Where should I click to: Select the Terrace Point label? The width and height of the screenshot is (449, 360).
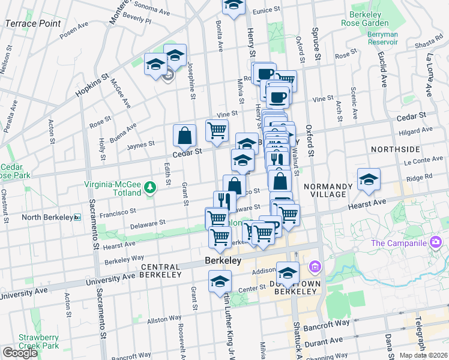tap(32, 23)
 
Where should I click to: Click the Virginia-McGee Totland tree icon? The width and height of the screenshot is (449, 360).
tap(149, 190)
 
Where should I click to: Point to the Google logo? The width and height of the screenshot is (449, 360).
tap(20, 352)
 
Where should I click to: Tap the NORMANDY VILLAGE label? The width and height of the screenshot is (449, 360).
tap(325, 190)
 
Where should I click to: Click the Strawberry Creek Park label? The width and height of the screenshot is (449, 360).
tap(38, 341)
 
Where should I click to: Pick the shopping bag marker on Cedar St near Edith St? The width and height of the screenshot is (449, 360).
tap(184, 137)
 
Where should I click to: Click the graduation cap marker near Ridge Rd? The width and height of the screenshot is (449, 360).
tap(369, 179)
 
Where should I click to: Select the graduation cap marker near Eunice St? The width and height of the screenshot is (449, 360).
tap(234, 5)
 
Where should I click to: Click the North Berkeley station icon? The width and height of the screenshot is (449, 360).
tap(77, 217)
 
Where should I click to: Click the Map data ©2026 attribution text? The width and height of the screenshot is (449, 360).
tap(423, 355)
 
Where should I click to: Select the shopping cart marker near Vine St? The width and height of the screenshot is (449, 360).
tap(216, 129)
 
